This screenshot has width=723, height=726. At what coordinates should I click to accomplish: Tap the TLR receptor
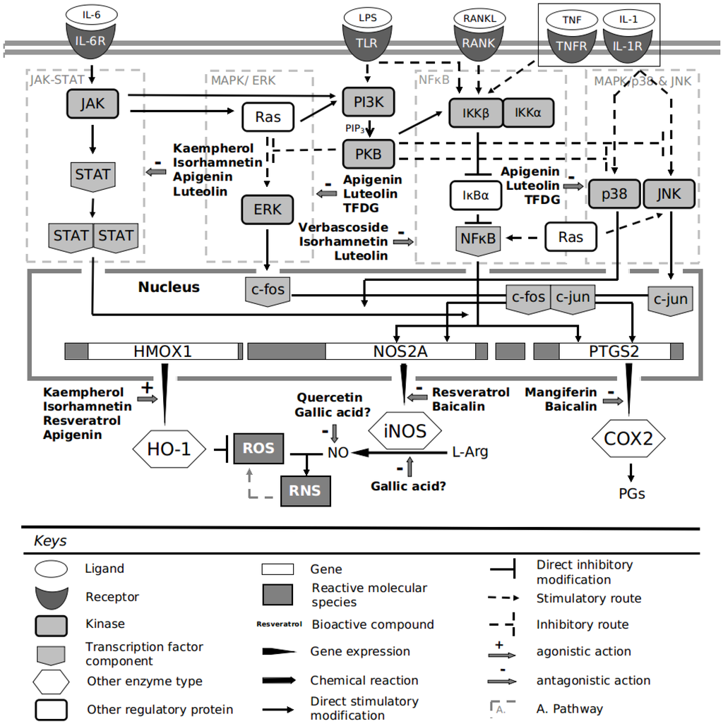pos(366,43)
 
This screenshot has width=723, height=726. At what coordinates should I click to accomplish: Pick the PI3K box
pos(367,102)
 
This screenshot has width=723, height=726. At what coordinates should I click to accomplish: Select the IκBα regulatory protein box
pos(477,195)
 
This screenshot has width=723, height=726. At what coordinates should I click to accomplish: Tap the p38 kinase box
pos(613,193)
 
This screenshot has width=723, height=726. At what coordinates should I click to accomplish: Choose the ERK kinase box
pos(267,210)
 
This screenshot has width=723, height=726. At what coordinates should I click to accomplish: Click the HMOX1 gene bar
pos(162,351)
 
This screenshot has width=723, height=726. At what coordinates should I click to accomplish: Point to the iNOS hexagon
pos(405,430)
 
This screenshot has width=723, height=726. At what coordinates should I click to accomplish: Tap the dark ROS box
pos(259,449)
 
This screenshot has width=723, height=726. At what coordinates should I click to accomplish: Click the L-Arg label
pos(470,452)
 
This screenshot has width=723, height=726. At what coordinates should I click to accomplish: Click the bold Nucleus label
pos(169,287)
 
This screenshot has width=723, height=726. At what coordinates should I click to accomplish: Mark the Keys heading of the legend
pos(50,541)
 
